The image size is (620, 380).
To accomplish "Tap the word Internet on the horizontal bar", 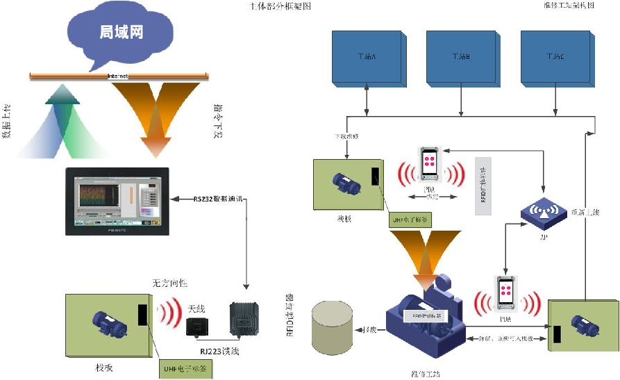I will tap(117, 76).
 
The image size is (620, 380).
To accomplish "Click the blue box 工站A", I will tap(366, 57).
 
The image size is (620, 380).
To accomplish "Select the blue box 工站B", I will tap(461, 57).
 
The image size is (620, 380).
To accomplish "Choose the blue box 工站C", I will tap(556, 57).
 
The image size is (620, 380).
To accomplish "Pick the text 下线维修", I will tap(347, 137).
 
